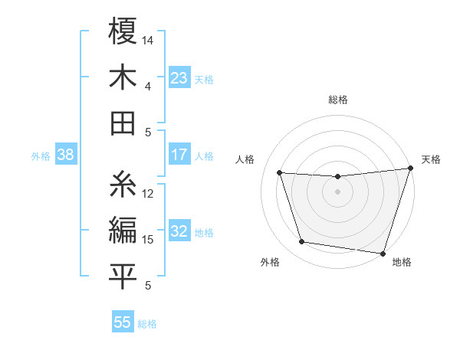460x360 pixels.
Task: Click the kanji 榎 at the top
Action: [123, 32]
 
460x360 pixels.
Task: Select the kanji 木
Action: [123, 78]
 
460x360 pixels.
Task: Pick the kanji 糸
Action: [123, 185]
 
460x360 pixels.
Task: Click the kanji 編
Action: [123, 231]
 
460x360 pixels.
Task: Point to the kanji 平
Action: [123, 277]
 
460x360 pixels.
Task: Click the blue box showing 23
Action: [179, 77]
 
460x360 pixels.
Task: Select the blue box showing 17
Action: [179, 155]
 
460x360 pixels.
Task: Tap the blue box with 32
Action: [179, 231]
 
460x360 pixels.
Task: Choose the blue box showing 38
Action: [65, 155]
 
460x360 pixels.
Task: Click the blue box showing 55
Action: [123, 322]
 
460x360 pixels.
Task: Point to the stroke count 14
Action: [148, 40]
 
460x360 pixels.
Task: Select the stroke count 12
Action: [148, 194]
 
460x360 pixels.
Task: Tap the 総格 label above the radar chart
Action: [337, 100]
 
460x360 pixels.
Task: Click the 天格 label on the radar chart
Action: [431, 159]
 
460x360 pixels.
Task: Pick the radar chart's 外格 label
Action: [270, 262]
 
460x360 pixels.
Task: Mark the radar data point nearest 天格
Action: [410, 169]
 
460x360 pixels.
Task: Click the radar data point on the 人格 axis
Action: [280, 173]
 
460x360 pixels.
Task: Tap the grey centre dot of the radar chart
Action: [337, 191]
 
